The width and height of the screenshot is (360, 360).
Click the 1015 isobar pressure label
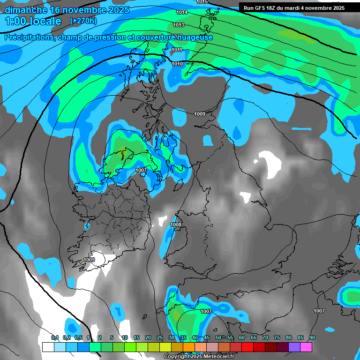click(202, 2)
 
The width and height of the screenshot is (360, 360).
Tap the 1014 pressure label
click(182, 12)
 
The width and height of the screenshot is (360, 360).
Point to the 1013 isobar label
click(179, 25)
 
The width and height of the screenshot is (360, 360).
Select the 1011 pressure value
click(177, 50)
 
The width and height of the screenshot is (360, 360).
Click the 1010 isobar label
click(177, 64)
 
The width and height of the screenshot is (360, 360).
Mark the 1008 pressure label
click(176, 225)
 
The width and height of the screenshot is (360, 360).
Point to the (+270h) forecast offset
click(83, 21)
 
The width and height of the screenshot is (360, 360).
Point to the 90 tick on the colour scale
click(312, 338)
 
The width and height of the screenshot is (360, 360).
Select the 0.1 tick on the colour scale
click(55, 338)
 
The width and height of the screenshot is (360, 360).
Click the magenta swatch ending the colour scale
click(306, 347)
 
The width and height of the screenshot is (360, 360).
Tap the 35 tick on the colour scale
click(183, 338)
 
